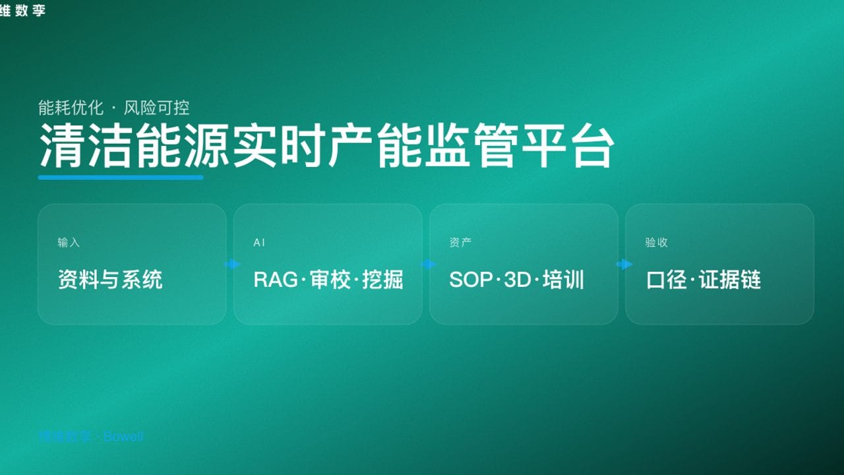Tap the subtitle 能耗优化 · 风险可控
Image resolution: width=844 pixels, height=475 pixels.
coord(114,107)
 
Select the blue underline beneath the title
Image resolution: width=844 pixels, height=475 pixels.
coord(121,177)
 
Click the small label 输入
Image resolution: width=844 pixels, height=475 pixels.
coord(69,243)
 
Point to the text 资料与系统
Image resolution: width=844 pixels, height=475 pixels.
coord(110,280)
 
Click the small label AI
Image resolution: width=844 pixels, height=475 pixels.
coord(259,243)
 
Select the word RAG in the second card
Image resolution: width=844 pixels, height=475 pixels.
coord(276,280)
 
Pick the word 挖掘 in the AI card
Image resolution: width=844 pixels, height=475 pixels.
coord(382,280)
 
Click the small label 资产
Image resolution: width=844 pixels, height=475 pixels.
coord(460,243)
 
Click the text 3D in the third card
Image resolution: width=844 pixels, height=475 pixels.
coord(517,280)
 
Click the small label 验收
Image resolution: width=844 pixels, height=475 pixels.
coord(656,243)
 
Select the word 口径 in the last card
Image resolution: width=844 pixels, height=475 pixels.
coord(667,280)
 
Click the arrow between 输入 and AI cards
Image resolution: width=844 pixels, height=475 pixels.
coord(232,265)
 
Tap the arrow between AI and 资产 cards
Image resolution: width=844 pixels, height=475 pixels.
coord(429,265)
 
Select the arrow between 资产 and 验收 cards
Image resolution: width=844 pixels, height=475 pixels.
coord(624,265)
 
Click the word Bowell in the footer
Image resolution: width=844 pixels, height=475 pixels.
coord(123,437)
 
